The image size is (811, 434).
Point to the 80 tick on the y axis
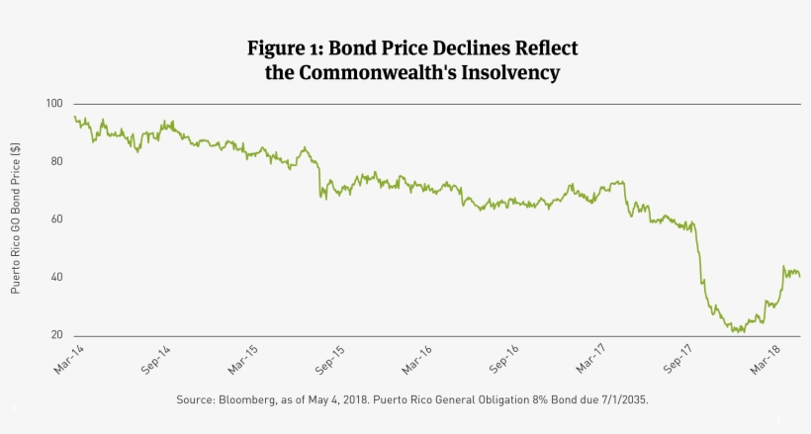pyautogui.click(x=55, y=161)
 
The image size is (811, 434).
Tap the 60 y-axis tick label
pyautogui.click(x=55, y=219)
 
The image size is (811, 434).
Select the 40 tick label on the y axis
pyautogui.click(x=55, y=277)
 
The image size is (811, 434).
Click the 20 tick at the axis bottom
pyautogui.click(x=55, y=335)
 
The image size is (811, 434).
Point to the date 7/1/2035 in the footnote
pyautogui.click(x=621, y=399)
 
